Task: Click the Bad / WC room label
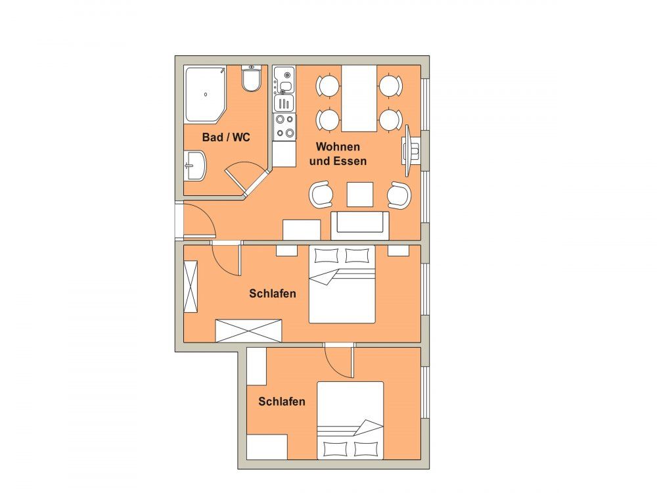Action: tap(226, 137)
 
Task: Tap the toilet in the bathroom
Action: tap(252, 78)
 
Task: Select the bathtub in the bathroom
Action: tap(205, 94)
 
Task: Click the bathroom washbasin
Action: tap(195, 166)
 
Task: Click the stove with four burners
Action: tap(285, 127)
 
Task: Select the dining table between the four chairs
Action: tap(359, 99)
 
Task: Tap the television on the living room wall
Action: tap(409, 151)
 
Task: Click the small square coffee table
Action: tap(360, 195)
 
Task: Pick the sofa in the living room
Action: tap(360, 225)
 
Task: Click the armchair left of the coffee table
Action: tap(321, 195)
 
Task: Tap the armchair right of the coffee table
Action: tap(399, 195)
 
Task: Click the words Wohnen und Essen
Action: tap(338, 153)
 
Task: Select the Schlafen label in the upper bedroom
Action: tap(273, 293)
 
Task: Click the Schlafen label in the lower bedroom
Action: tap(282, 402)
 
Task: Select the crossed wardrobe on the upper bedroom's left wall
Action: tap(191, 287)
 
